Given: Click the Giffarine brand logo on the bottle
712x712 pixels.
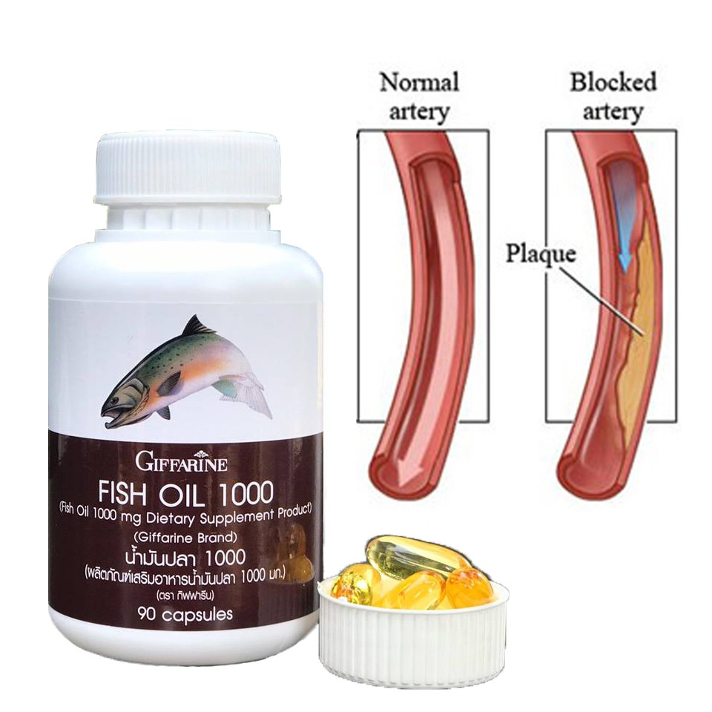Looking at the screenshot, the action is pyautogui.click(x=181, y=463).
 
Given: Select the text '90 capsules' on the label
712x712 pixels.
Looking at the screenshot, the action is pyautogui.click(x=185, y=614).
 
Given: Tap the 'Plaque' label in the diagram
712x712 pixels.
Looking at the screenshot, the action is pyautogui.click(x=541, y=254).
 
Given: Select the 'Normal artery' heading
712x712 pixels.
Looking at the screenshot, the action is pyautogui.click(x=419, y=96).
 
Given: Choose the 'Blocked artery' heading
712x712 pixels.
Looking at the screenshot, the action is pyautogui.click(x=613, y=96).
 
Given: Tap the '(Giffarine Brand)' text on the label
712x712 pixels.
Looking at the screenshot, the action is pyautogui.click(x=185, y=538).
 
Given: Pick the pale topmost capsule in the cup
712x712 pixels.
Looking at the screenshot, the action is pyautogui.click(x=415, y=558).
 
